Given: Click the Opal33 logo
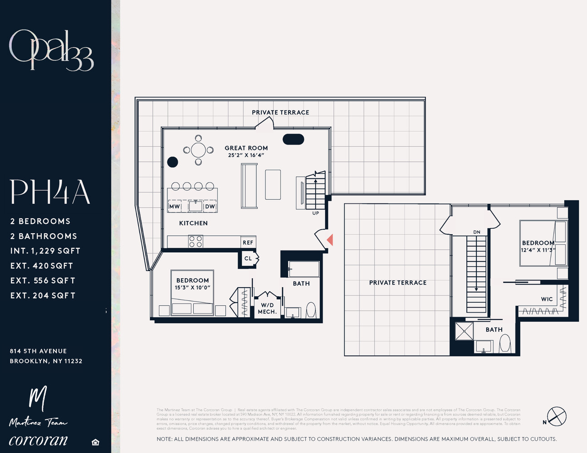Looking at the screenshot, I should tap(51, 50).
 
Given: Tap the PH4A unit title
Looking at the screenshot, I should tap(50, 192).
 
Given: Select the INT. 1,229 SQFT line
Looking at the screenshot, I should tap(45, 251).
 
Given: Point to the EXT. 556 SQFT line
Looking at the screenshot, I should tap(43, 280).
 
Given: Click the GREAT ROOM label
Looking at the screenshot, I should tap(246, 148).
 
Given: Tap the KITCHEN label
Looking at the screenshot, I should tap(193, 223).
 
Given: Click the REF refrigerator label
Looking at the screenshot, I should tap(248, 243).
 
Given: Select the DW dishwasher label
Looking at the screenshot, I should tap(210, 207).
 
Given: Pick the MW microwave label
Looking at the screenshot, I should tap(174, 207).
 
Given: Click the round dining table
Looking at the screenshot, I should tap(198, 149).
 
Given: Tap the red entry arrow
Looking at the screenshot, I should tap(330, 240).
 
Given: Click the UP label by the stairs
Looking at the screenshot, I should tap(315, 213).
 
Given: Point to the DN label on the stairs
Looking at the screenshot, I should tap(476, 232).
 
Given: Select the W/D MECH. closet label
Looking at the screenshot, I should tap(267, 308).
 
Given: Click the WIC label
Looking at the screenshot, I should tap(547, 299).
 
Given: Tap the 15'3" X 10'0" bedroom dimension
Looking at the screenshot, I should tap(192, 288).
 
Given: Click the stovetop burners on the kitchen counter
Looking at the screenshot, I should tap(196, 241).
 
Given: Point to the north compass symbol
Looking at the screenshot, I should tap(556, 416).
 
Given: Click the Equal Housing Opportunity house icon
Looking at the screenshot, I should tap(95, 442).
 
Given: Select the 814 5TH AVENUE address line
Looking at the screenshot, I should tap(39, 351).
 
